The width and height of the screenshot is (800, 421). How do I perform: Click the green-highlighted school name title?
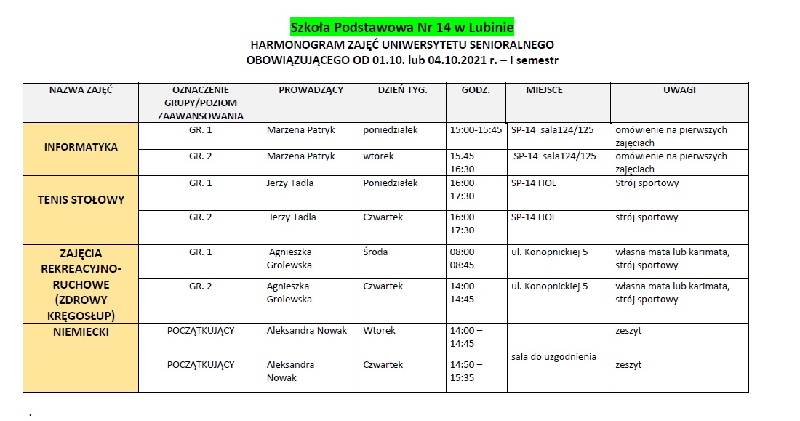pyautogui.click(x=402, y=28)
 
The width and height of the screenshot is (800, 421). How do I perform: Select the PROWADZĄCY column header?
pyautogui.click(x=311, y=90)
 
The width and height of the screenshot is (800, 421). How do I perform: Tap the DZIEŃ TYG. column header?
pyautogui.click(x=402, y=90)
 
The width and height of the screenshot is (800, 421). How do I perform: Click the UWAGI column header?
pyautogui.click(x=679, y=90)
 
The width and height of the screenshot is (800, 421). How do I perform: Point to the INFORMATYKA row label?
pyautogui.click(x=81, y=147)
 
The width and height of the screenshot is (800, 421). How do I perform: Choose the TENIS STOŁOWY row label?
pyautogui.click(x=81, y=199)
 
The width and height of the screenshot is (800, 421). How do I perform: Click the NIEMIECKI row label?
pyautogui.click(x=81, y=332)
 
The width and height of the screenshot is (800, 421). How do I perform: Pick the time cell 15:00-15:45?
pyautogui.click(x=476, y=130)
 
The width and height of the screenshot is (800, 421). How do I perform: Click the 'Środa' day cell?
pyautogui.click(x=375, y=252)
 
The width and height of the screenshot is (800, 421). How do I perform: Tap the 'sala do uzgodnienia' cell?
pyautogui.click(x=553, y=356)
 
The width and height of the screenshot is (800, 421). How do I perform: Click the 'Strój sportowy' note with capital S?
pyautogui.click(x=647, y=183)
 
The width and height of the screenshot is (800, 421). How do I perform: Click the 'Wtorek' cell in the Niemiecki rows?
pyautogui.click(x=379, y=331)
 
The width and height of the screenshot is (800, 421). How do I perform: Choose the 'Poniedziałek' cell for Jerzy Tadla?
pyautogui.click(x=391, y=183)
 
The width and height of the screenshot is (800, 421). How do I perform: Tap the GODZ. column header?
pyautogui.click(x=476, y=90)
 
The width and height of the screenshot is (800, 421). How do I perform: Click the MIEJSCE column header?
pyautogui.click(x=544, y=90)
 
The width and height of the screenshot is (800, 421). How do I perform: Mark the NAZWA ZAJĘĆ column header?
pyautogui.click(x=81, y=90)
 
